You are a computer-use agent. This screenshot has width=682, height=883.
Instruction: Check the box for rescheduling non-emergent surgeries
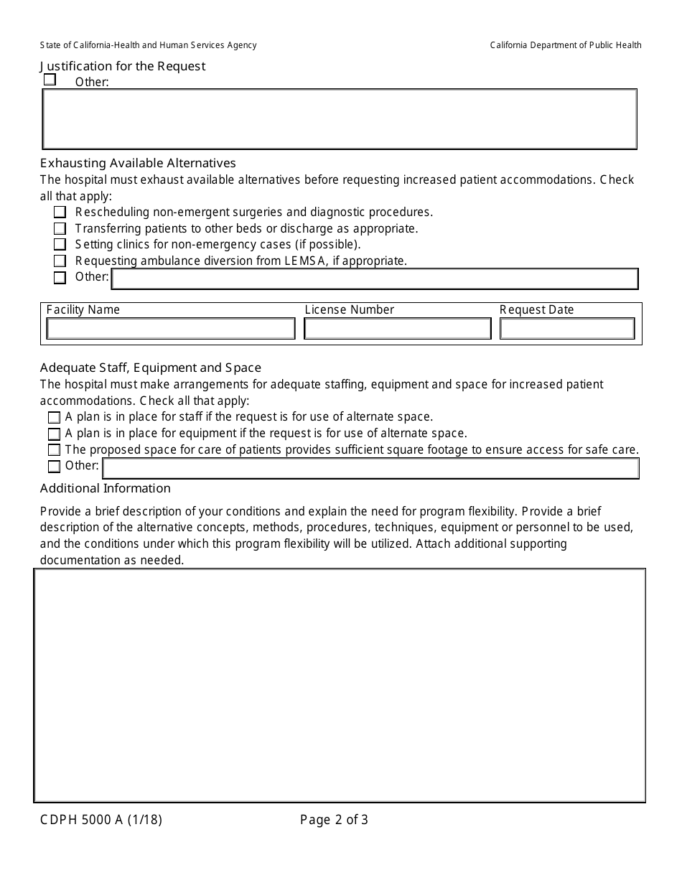(x=60, y=212)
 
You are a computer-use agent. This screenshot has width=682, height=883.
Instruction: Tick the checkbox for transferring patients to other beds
(x=60, y=228)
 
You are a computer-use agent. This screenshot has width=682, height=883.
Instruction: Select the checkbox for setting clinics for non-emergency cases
(x=60, y=245)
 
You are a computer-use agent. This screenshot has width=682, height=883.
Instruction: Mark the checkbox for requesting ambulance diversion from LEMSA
(x=60, y=261)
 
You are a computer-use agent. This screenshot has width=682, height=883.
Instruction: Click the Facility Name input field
(x=171, y=329)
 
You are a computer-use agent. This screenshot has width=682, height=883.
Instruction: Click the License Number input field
(x=397, y=329)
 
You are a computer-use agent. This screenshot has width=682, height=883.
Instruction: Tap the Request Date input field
(x=567, y=329)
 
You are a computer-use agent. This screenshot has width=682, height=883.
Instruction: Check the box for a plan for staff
(x=54, y=417)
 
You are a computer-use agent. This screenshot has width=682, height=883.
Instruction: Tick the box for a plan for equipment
(x=54, y=434)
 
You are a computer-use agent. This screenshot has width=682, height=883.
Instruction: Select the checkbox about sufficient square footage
(x=54, y=450)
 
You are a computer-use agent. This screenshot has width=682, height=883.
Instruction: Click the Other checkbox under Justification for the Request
(x=50, y=80)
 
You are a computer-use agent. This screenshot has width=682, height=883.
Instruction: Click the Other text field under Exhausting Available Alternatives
(x=375, y=279)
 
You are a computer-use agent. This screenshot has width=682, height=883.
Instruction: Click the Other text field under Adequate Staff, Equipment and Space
(x=370, y=468)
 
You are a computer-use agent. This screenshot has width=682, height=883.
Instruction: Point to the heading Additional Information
(x=106, y=488)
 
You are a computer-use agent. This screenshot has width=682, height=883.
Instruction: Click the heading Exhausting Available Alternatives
(x=138, y=163)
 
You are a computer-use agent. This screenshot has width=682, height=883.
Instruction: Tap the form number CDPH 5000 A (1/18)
(x=101, y=819)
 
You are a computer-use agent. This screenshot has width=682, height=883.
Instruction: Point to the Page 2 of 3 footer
(x=334, y=819)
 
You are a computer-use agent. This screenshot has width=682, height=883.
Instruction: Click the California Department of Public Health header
(x=566, y=45)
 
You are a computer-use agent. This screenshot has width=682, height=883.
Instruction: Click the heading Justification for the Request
(x=123, y=66)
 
